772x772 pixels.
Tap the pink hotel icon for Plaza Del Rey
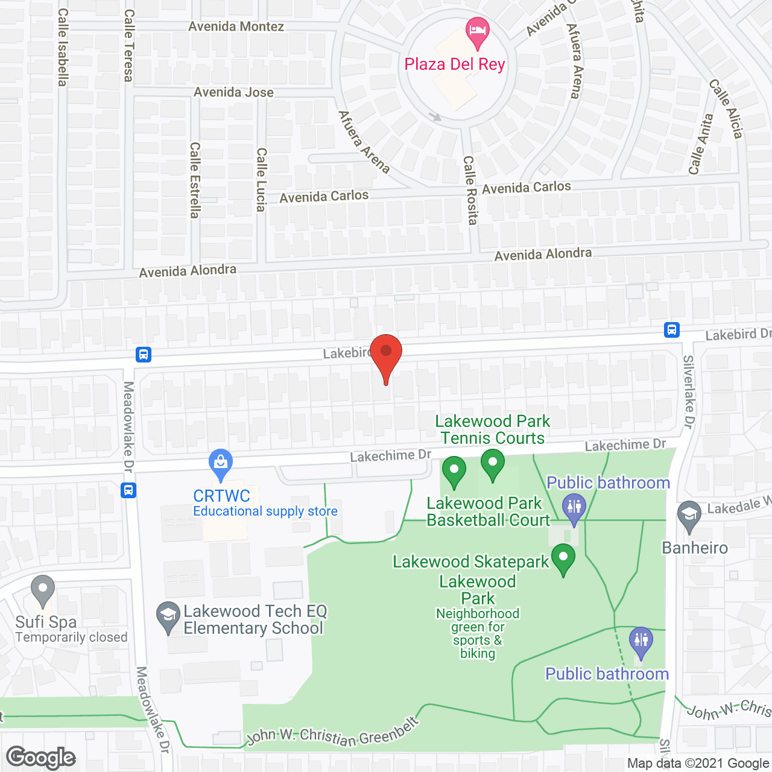pyautogui.click(x=478, y=33)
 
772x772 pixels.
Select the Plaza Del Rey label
pyautogui.click(x=455, y=65)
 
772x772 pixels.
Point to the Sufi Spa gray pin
pyautogui.click(x=42, y=590)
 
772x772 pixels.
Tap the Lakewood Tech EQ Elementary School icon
pyautogui.click(x=168, y=617)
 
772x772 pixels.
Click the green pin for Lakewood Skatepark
pyautogui.click(x=563, y=558)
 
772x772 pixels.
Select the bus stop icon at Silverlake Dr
pyautogui.click(x=672, y=330)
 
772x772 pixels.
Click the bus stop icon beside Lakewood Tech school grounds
pyautogui.click(x=128, y=490)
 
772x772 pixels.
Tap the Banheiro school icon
pyautogui.click(x=689, y=515)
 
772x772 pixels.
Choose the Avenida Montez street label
pyautogui.click(x=236, y=27)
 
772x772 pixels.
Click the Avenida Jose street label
pyautogui.click(x=233, y=92)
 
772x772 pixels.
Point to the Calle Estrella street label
pyautogui.click(x=195, y=180)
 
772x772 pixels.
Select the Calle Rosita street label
pyautogui.click(x=470, y=190)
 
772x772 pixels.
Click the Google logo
pyautogui.click(x=41, y=758)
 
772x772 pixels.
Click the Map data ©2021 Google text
pyautogui.click(x=698, y=764)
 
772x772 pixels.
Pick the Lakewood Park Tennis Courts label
pyautogui.click(x=492, y=429)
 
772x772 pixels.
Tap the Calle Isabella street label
pyautogui.click(x=63, y=47)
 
